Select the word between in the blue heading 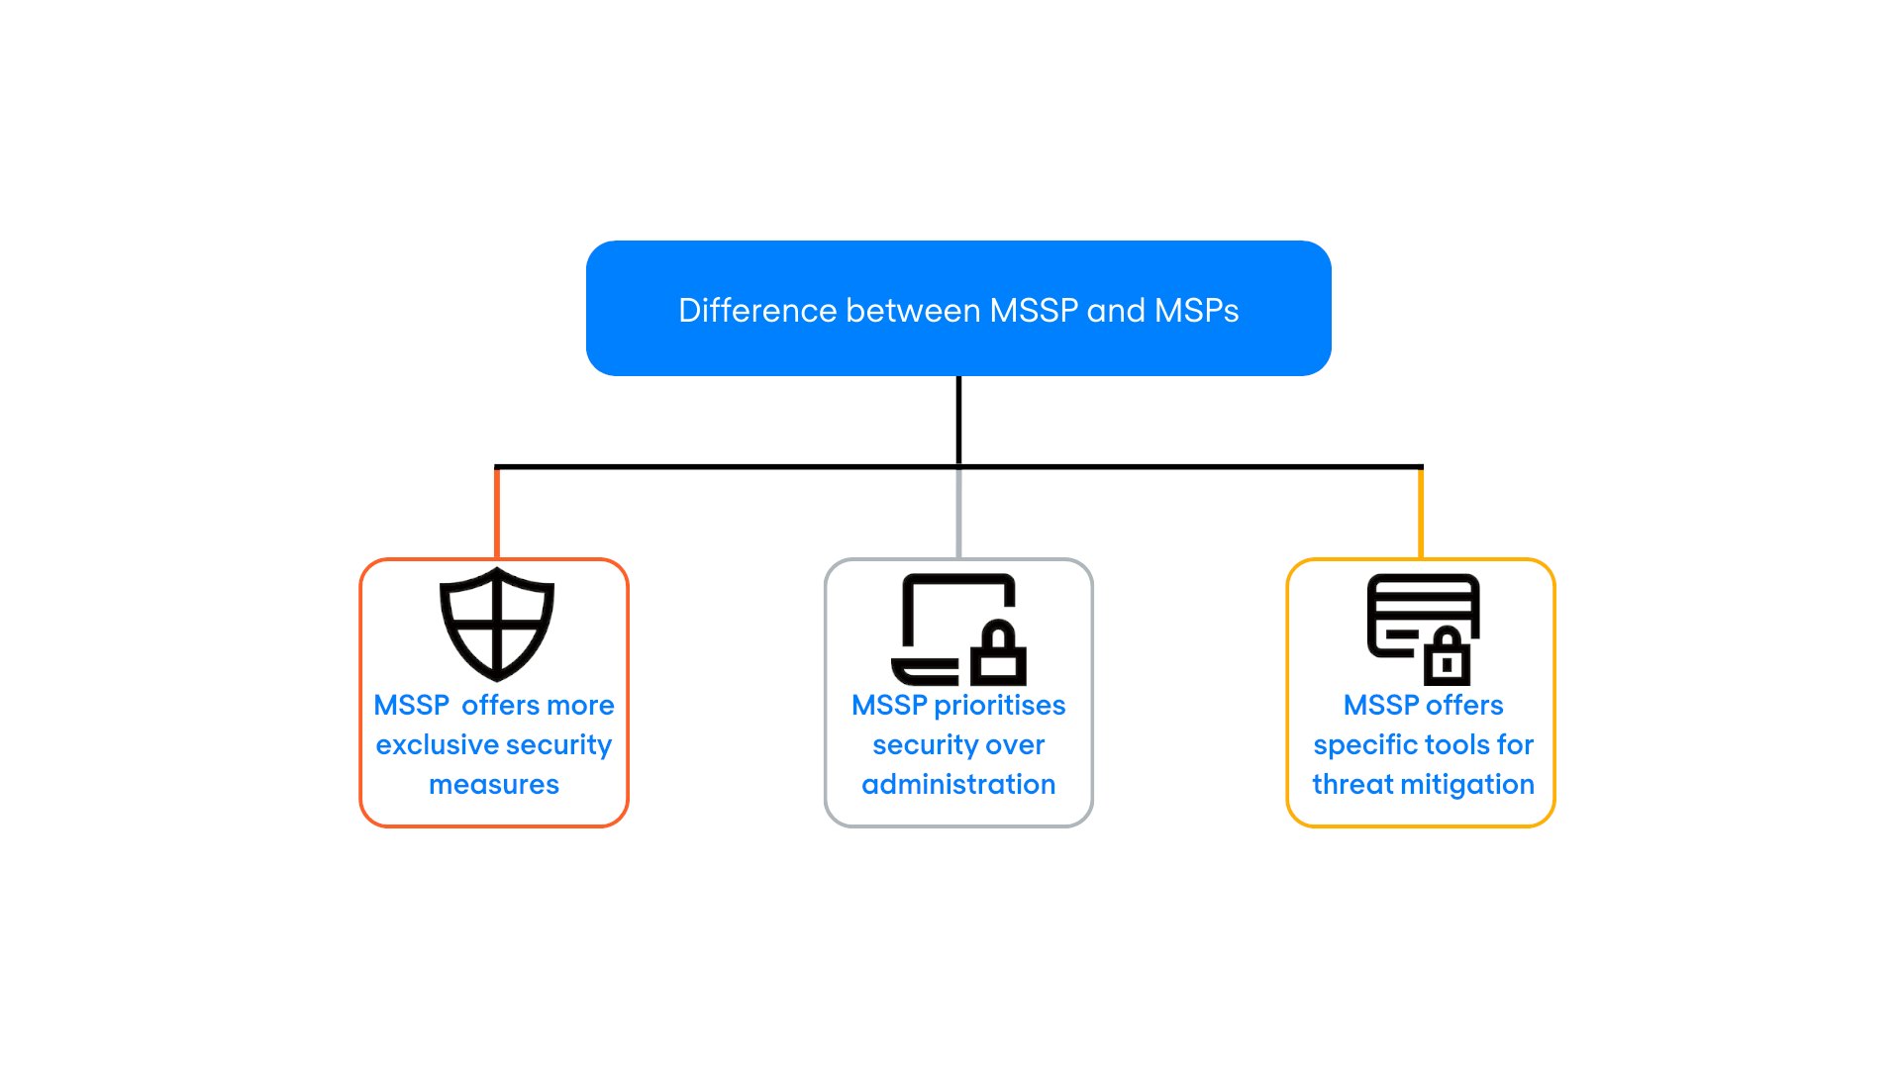click(x=912, y=311)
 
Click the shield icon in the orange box click(x=496, y=624)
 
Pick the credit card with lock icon click(x=1423, y=629)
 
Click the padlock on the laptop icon click(x=998, y=654)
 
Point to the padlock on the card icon click(x=1447, y=657)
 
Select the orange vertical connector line click(x=497, y=513)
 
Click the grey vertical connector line click(x=958, y=513)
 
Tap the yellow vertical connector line click(x=1421, y=513)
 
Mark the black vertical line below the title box click(x=958, y=420)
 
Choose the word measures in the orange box click(x=494, y=785)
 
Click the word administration click(x=958, y=785)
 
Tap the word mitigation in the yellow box click(x=1476, y=785)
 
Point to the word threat click(x=1352, y=785)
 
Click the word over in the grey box click(x=1015, y=745)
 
